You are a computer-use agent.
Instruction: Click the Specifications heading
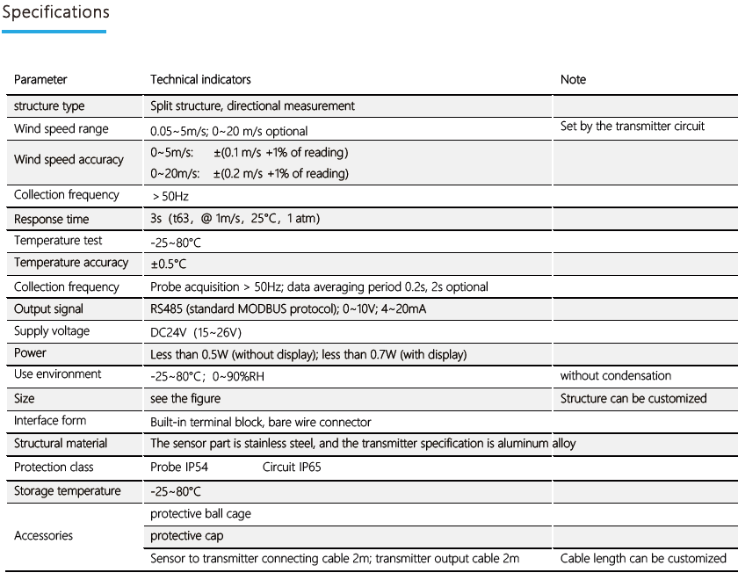pyautogui.click(x=55, y=12)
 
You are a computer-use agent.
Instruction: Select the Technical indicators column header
pyautogui.click(x=200, y=79)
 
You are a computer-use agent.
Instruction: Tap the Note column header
pyautogui.click(x=573, y=79)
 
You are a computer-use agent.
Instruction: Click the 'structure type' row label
pyautogui.click(x=49, y=105)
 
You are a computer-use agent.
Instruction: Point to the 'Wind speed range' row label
pyautogui.click(x=61, y=129)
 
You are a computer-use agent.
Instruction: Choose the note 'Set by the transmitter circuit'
pyautogui.click(x=633, y=127)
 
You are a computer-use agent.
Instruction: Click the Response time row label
pyautogui.click(x=52, y=219)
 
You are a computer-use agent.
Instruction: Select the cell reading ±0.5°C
pyautogui.click(x=168, y=264)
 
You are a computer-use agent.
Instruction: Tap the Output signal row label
pyautogui.click(x=49, y=309)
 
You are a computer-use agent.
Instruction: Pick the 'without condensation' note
pyautogui.click(x=616, y=376)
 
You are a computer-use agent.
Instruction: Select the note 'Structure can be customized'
pyautogui.click(x=633, y=398)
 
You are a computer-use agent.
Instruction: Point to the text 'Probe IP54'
pyautogui.click(x=180, y=467)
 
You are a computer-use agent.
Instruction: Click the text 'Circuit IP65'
pyautogui.click(x=292, y=467)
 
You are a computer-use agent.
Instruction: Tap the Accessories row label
pyautogui.click(x=44, y=535)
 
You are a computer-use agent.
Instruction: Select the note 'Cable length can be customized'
pyautogui.click(x=643, y=558)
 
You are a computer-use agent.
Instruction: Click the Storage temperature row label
pyautogui.click(x=68, y=490)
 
